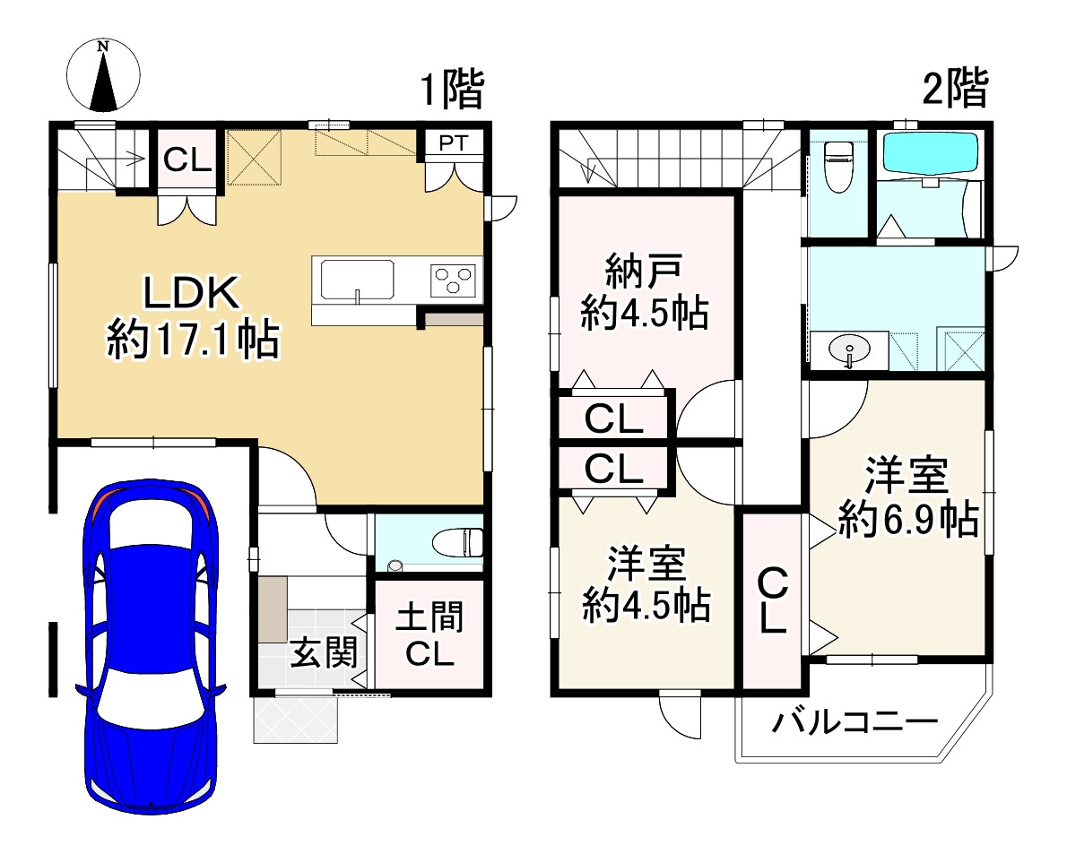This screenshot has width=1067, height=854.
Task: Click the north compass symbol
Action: coord(104,74)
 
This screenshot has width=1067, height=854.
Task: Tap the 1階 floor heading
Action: coord(453,90)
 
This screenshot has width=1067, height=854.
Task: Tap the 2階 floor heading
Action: coord(956,90)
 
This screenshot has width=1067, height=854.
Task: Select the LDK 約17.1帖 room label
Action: coord(192,318)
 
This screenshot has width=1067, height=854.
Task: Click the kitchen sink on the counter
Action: coord(356,280)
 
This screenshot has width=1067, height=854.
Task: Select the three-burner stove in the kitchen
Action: coord(455,281)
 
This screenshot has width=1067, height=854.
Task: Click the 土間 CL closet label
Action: coord(429,635)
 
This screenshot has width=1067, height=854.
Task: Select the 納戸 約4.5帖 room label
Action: coord(644,291)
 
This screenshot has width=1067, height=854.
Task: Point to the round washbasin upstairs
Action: coord(848,349)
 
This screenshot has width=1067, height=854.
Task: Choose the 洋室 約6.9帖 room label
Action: coord(907,498)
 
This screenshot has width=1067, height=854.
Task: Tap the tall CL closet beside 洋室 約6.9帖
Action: coord(773,600)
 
